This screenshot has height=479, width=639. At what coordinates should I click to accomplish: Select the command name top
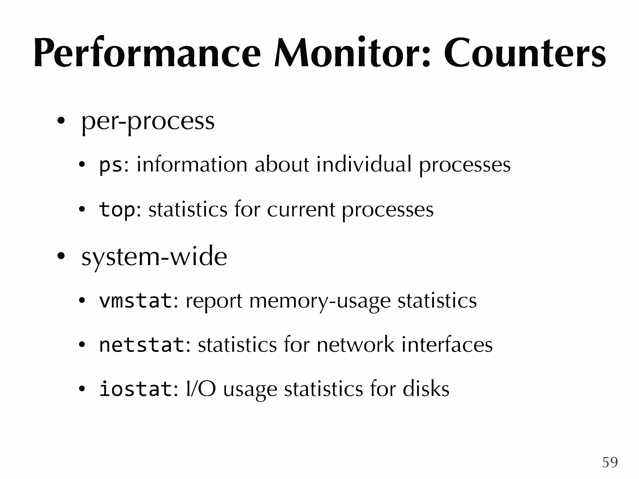117,209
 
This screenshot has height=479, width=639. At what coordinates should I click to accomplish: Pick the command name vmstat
135,301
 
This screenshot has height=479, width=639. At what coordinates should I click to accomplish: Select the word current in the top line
301,210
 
